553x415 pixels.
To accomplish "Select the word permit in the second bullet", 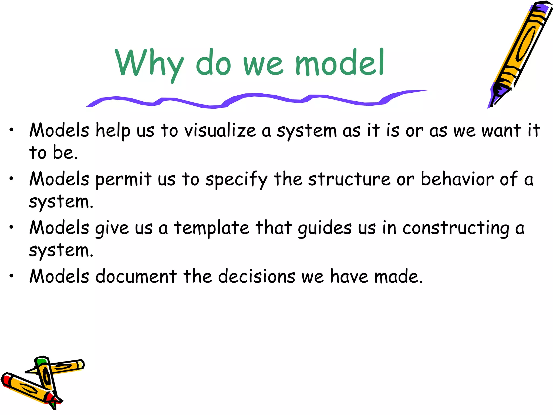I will tap(123, 180).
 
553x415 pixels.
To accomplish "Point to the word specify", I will tap(236, 180).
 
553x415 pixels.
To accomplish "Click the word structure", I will tap(349, 179).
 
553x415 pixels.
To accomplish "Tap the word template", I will tap(211, 229).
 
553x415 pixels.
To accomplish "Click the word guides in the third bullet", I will tap(325, 229).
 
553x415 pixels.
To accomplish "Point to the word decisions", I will tap(257, 277).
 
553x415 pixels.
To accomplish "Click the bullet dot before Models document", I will tap(11, 276).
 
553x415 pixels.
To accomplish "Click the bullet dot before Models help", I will tap(11, 130).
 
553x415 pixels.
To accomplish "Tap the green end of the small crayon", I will tap(41, 361).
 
